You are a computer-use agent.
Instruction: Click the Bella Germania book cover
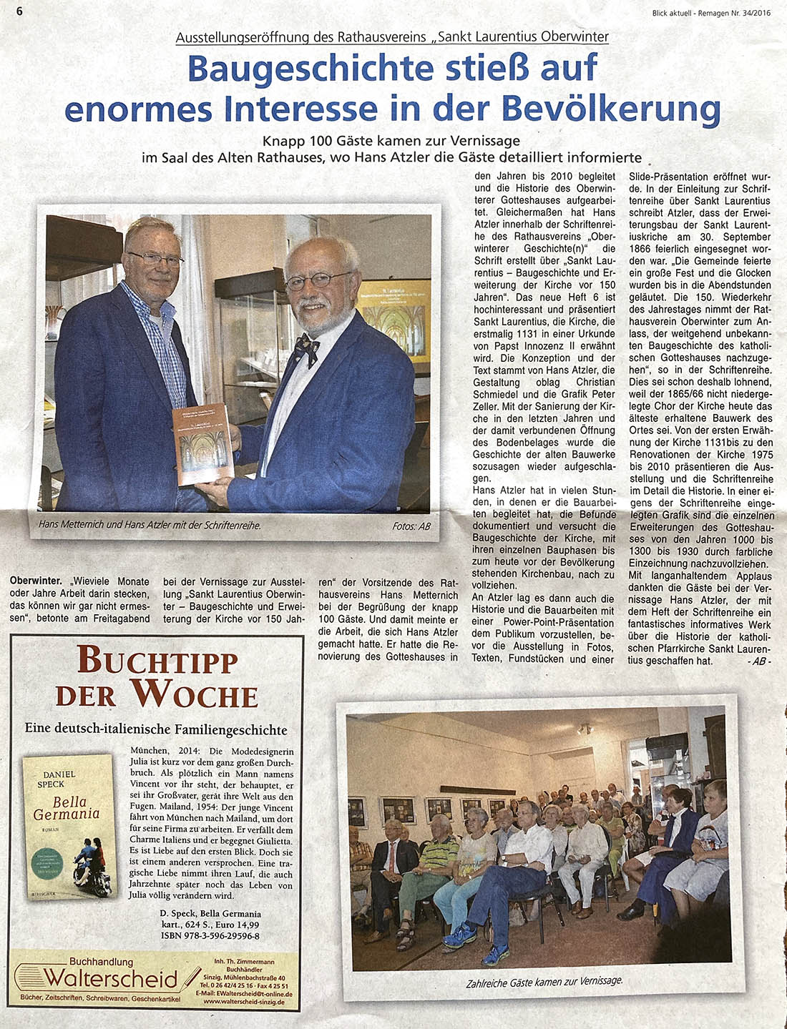point(69,827)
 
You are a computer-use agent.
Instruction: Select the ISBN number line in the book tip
point(210,935)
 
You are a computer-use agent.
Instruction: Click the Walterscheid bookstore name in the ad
point(110,978)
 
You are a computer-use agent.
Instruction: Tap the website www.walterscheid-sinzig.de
point(243,1002)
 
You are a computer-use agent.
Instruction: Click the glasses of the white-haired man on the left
point(154,259)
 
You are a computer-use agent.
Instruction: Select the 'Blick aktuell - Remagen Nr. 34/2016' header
point(711,12)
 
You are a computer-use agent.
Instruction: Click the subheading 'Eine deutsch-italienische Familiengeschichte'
point(156,729)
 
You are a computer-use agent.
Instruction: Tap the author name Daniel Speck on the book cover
point(59,779)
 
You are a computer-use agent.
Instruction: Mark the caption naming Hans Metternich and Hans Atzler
point(150,525)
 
